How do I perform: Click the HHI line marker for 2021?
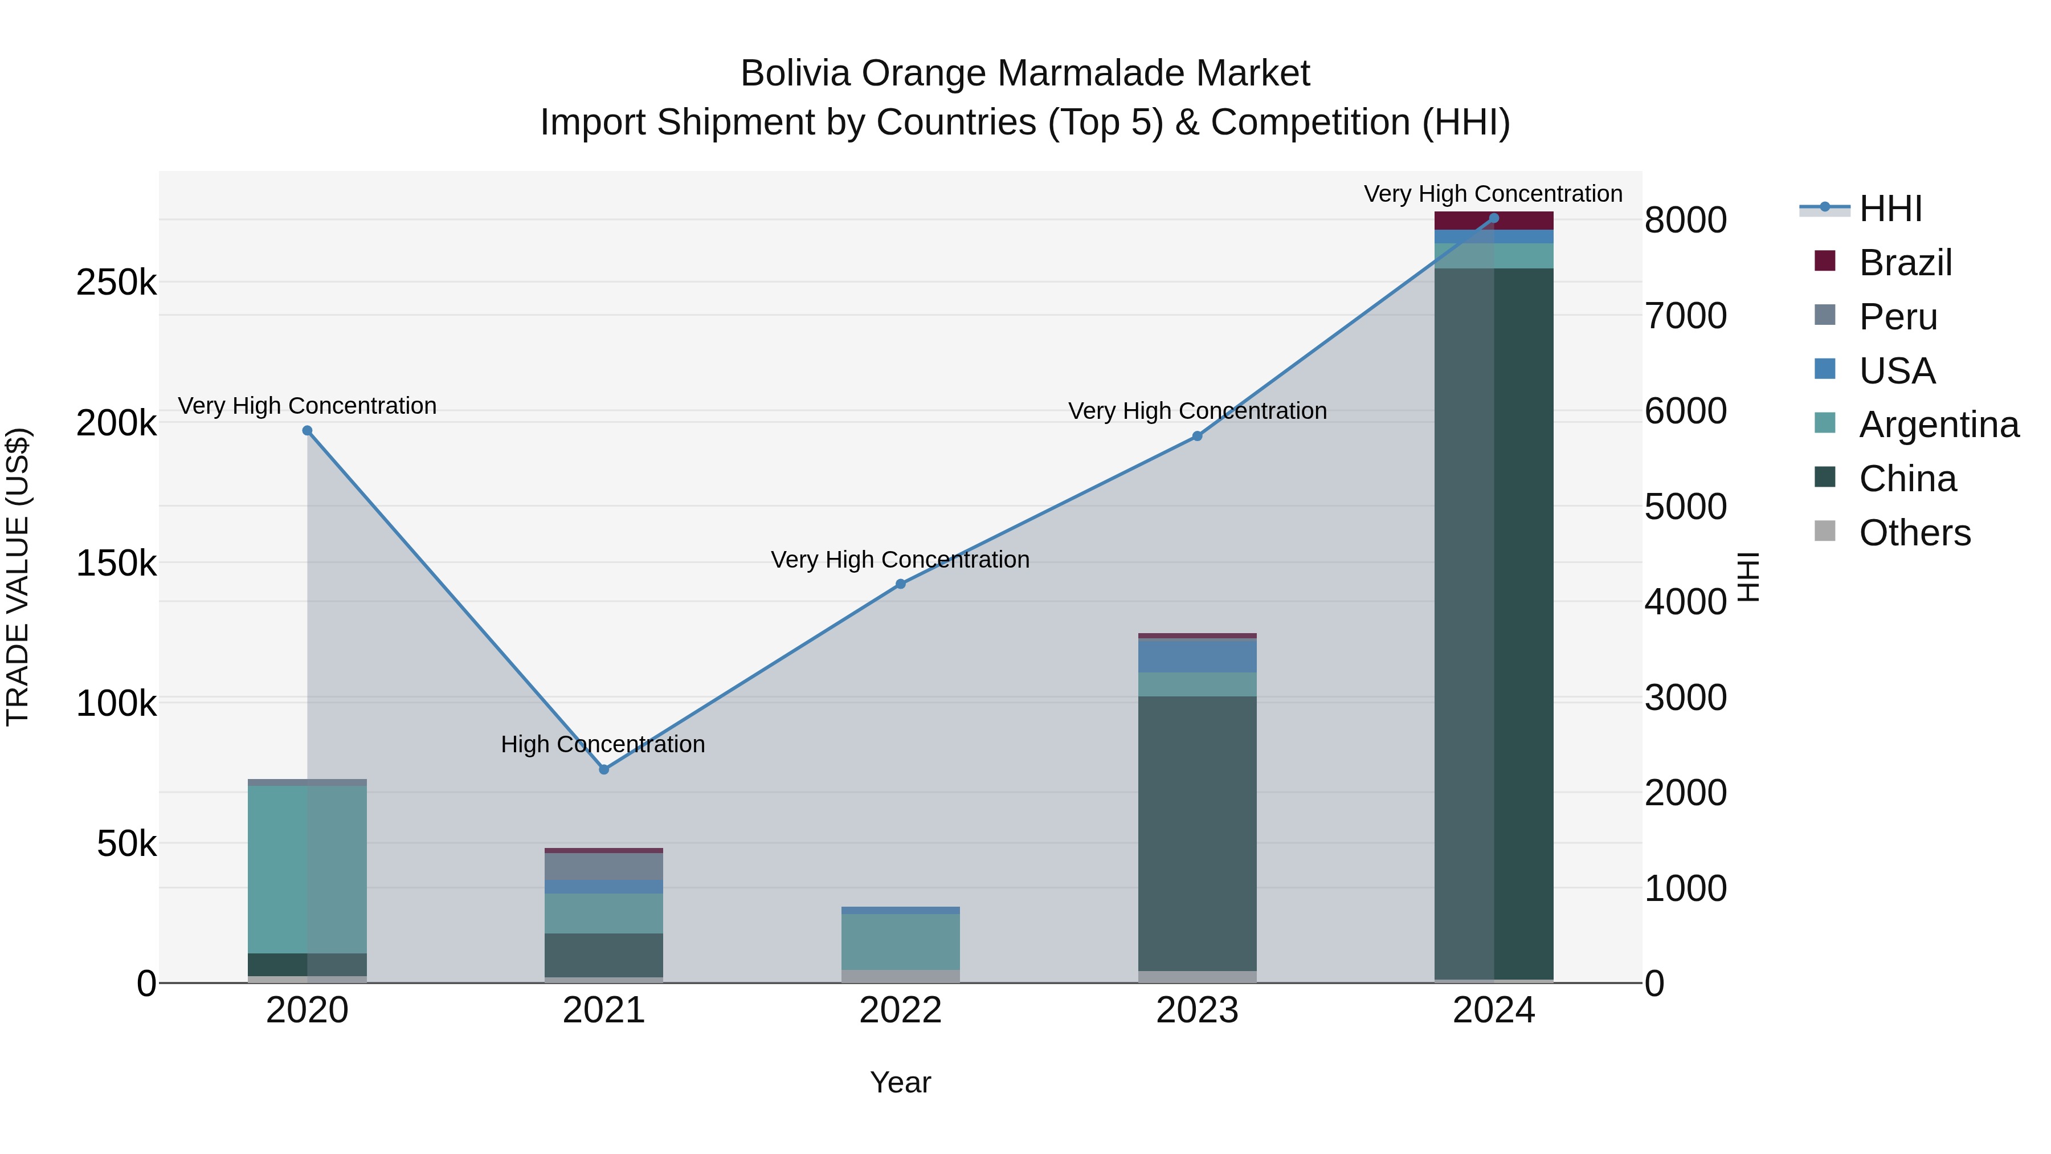pyautogui.click(x=603, y=769)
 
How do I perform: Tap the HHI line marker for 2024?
pyautogui.click(x=1494, y=218)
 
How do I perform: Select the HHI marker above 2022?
pyautogui.click(x=901, y=584)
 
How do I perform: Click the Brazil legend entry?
pyautogui.click(x=1905, y=263)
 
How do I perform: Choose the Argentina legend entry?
pyautogui.click(x=1938, y=425)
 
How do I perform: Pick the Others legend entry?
pyautogui.click(x=1914, y=533)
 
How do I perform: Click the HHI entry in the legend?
pyautogui.click(x=1890, y=209)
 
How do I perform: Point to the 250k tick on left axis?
pyautogui.click(x=116, y=283)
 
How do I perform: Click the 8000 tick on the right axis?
pyautogui.click(x=1685, y=221)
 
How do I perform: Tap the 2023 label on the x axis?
pyautogui.click(x=1196, y=1010)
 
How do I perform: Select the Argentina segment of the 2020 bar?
pyautogui.click(x=307, y=868)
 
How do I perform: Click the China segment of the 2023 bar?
pyautogui.click(x=1196, y=832)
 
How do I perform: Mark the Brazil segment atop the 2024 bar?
pyautogui.click(x=1494, y=221)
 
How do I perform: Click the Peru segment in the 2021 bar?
pyautogui.click(x=603, y=866)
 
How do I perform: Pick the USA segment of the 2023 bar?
pyautogui.click(x=1196, y=655)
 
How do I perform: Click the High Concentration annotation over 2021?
pyautogui.click(x=603, y=744)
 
